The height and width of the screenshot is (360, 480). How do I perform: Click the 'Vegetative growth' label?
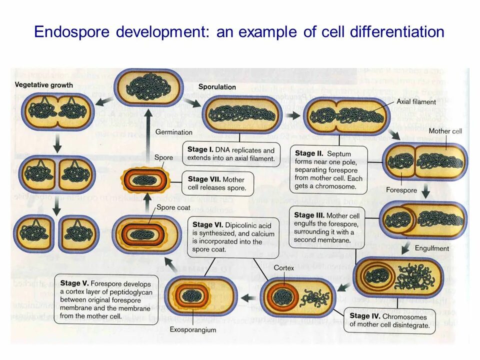(44, 85)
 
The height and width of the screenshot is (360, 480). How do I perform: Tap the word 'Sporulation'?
(217, 87)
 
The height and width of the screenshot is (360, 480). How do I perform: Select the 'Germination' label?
(173, 132)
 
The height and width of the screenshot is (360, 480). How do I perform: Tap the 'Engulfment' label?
(431, 248)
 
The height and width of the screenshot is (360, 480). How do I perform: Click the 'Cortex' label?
(283, 267)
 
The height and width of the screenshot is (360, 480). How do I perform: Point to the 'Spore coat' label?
(172, 207)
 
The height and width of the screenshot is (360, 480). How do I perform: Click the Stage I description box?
(231, 154)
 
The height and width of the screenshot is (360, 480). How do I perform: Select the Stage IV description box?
(389, 320)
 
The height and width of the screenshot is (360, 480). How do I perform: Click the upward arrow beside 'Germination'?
(148, 130)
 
